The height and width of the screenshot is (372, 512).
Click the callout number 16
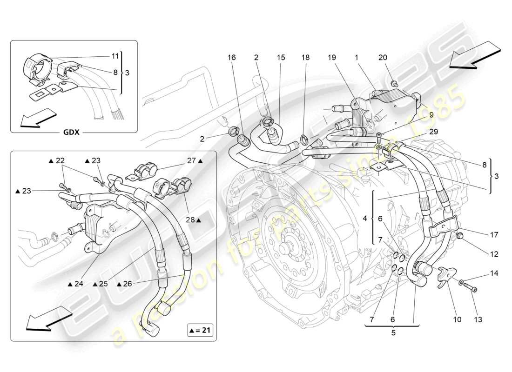(x=232, y=58)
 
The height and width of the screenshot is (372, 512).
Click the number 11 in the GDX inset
(x=115, y=56)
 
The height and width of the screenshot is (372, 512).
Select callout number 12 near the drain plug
(x=493, y=254)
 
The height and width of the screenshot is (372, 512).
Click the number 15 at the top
(x=281, y=58)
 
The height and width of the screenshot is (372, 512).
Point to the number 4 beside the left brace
(x=365, y=218)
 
